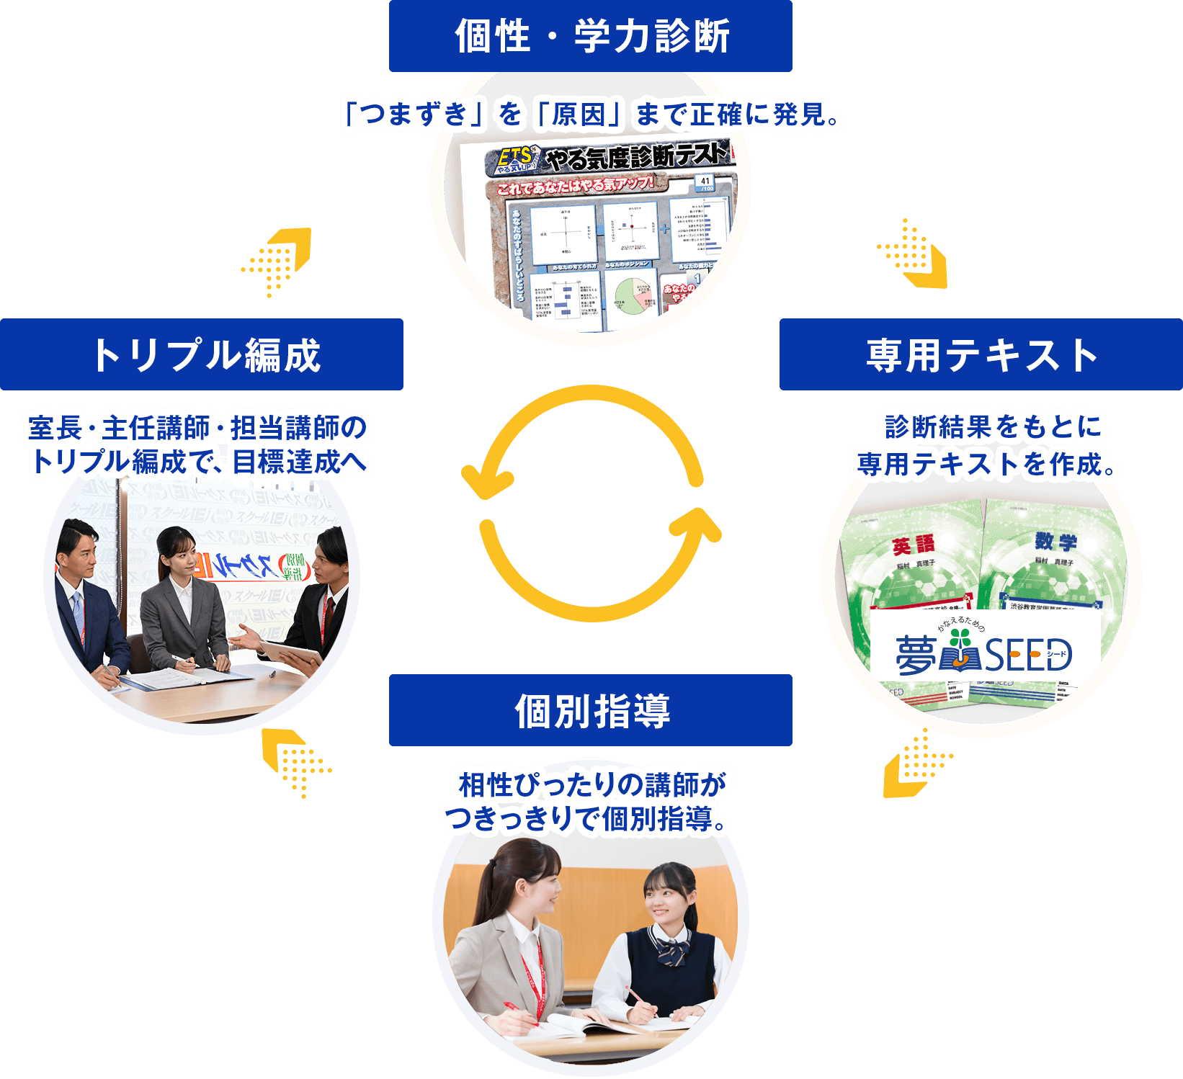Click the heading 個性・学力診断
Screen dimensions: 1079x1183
[591, 36]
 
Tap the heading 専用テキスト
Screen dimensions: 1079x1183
[981, 355]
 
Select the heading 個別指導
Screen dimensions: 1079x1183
[591, 710]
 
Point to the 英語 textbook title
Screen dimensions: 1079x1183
[914, 545]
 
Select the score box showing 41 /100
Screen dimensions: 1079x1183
[705, 184]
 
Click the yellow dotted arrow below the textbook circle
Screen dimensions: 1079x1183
[915, 764]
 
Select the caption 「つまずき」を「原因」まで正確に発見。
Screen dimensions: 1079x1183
[591, 115]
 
